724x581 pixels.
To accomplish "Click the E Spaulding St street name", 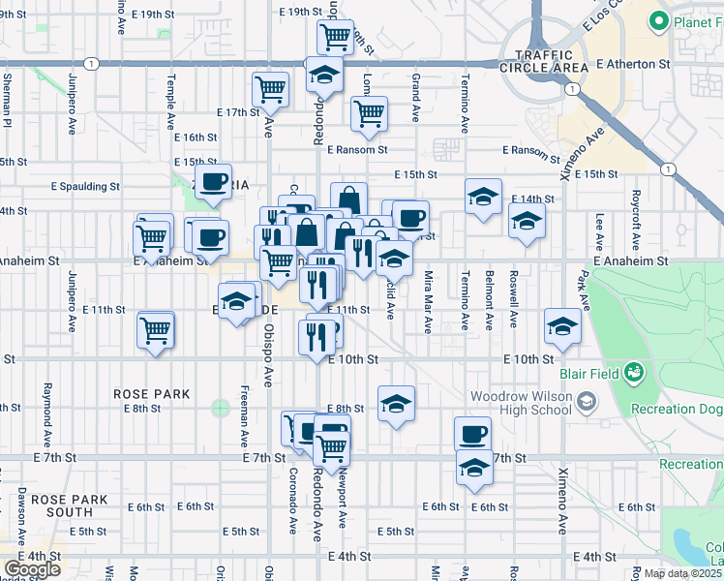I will pyautogui.click(x=85, y=186).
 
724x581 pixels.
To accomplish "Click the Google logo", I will pyautogui.click(x=32, y=569).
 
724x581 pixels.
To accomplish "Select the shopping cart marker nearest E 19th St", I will pyautogui.click(x=335, y=37).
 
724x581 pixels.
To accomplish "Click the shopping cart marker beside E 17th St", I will pyautogui.click(x=271, y=89).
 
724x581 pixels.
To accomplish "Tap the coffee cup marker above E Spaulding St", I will pyautogui.click(x=213, y=181).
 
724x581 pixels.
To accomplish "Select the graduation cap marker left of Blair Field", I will pyautogui.click(x=561, y=325).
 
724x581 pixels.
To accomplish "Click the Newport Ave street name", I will pyautogui.click(x=341, y=500).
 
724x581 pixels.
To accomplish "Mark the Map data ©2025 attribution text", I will pyautogui.click(x=683, y=573).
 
